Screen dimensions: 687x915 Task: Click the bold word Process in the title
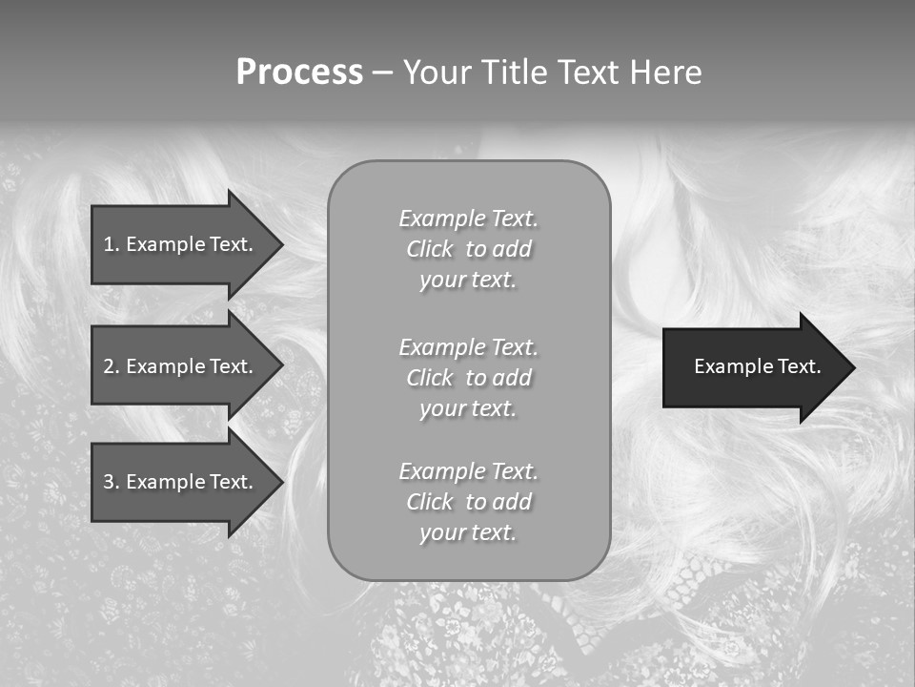click(x=299, y=73)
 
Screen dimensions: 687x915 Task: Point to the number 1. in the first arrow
click(x=112, y=244)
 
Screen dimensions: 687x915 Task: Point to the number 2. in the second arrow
click(x=112, y=366)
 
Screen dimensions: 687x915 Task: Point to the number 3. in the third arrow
click(x=112, y=483)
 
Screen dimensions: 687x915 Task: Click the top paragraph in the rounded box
click(x=468, y=249)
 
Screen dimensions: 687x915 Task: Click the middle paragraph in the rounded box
click(x=468, y=378)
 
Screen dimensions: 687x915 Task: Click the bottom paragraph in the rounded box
click(x=468, y=502)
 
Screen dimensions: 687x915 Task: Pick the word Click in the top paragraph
click(x=430, y=250)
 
